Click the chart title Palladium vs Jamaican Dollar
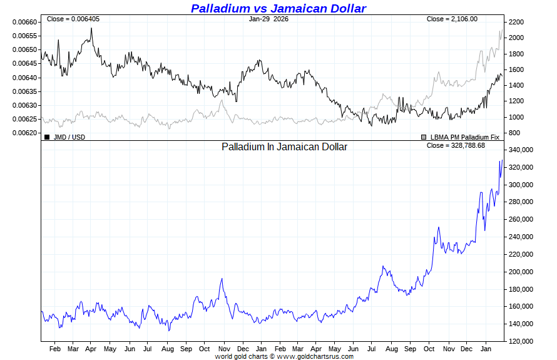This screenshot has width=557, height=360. pos(278,8)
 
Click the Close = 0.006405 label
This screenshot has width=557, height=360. pos(73,19)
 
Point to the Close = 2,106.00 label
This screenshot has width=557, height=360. pos(452,19)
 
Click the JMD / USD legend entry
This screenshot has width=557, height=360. pos(65,136)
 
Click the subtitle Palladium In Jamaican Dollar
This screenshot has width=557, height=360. pos(284,147)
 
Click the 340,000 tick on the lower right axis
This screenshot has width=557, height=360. pos(521,150)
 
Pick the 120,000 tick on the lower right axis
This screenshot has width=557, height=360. pos(521,341)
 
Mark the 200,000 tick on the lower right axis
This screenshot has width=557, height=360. pos(521,272)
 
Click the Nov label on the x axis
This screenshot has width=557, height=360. pos(223,348)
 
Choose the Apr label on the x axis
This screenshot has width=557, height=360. pos(91,348)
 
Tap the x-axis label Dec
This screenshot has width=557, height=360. pos(242,348)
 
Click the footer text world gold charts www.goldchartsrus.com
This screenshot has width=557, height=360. pos(284,356)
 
